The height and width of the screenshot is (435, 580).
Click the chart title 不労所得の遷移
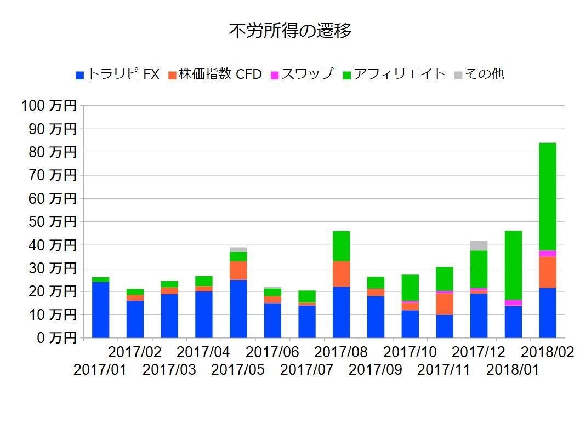click(289, 31)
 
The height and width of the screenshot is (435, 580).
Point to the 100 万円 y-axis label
click(49, 106)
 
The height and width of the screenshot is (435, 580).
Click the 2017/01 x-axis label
click(100, 369)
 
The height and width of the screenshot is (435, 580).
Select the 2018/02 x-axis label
click(547, 351)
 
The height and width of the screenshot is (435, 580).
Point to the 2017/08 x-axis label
click(341, 351)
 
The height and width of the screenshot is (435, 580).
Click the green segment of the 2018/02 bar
click(548, 196)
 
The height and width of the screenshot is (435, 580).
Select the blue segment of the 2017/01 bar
click(100, 310)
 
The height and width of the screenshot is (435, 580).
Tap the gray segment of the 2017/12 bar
click(479, 245)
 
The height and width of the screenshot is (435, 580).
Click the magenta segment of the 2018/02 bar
click(548, 254)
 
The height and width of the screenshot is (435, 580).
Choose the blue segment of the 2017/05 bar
click(238, 308)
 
